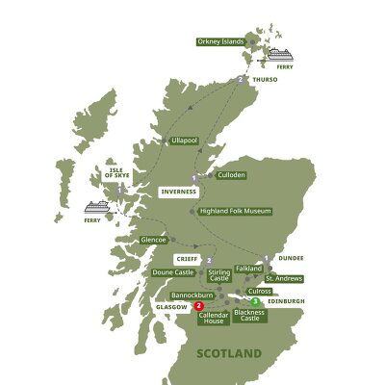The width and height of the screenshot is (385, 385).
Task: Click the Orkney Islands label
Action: [220, 42]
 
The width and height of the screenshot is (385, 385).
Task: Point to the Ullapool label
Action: [182, 141]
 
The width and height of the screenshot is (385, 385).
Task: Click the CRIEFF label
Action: [186, 259]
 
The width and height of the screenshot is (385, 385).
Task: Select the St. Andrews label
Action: [284, 278]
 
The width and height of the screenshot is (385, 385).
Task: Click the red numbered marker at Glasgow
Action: [198, 306]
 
